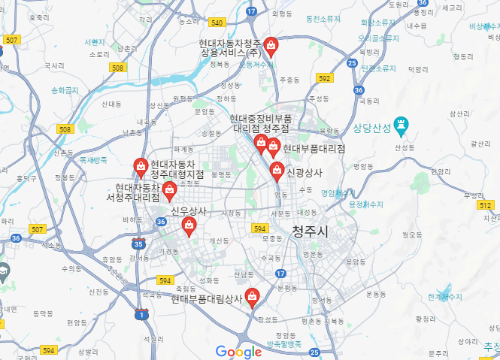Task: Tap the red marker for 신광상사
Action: point(277,171)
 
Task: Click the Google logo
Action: point(238,351)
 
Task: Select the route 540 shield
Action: point(217,23)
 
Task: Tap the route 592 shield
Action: point(324,78)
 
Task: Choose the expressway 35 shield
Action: point(138,244)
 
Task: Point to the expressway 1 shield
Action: point(142,314)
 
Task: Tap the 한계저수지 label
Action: point(445,297)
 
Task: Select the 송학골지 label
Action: point(65,90)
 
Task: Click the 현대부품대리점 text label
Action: point(314,149)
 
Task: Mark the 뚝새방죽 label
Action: point(92,159)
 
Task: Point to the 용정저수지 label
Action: point(367,204)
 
